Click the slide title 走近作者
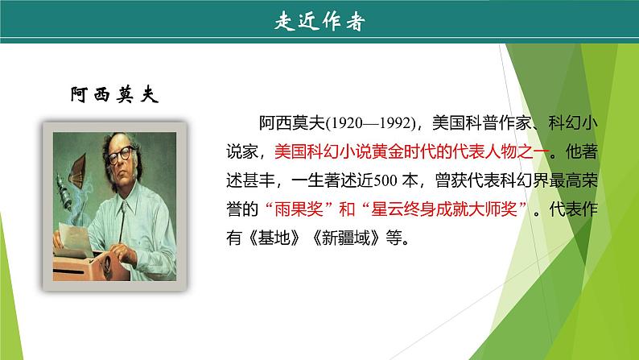pos(319,23)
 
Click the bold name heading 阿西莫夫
pos(113,95)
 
